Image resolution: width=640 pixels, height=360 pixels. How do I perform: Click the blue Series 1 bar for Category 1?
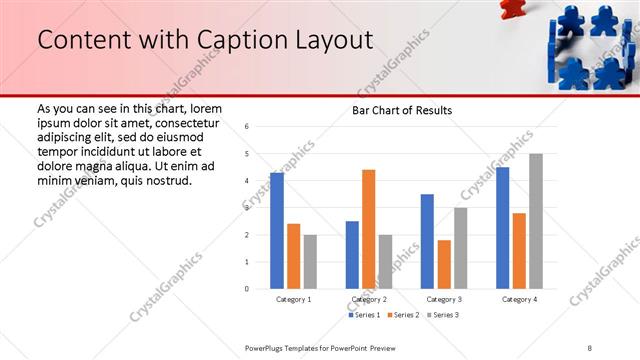click(277, 231)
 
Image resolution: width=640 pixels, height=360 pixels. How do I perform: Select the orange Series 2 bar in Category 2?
click(369, 229)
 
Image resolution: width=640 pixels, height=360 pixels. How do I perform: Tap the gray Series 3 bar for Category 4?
click(536, 221)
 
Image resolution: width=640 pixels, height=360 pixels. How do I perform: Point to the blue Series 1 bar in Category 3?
click(427, 241)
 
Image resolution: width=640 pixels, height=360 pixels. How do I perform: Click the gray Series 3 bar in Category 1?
click(310, 262)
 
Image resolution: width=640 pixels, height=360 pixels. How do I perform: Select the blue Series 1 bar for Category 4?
click(502, 228)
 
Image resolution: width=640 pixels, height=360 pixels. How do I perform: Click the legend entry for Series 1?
click(366, 315)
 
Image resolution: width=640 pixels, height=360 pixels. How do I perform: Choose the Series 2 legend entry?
click(404, 315)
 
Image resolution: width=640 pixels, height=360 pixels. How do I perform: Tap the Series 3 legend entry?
click(442, 315)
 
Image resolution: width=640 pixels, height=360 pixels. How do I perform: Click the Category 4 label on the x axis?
click(519, 299)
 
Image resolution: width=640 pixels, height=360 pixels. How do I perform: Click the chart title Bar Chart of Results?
click(401, 110)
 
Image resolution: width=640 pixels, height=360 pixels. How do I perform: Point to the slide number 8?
click(590, 348)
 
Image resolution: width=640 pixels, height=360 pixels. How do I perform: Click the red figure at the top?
click(511, 7)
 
